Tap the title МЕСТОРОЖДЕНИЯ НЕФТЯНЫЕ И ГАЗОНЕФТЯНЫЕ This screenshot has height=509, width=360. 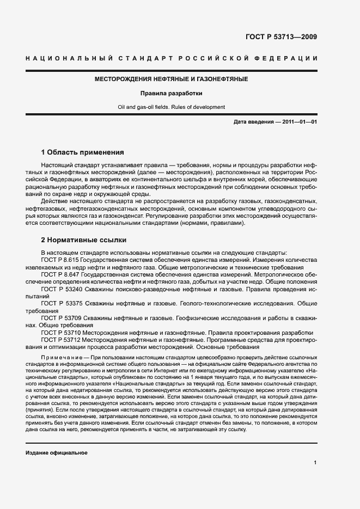[172, 79]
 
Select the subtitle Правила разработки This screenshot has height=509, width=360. [172, 93]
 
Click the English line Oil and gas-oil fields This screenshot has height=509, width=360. [172, 107]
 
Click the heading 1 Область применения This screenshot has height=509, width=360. [83, 152]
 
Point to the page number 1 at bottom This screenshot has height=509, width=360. [315, 463]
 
